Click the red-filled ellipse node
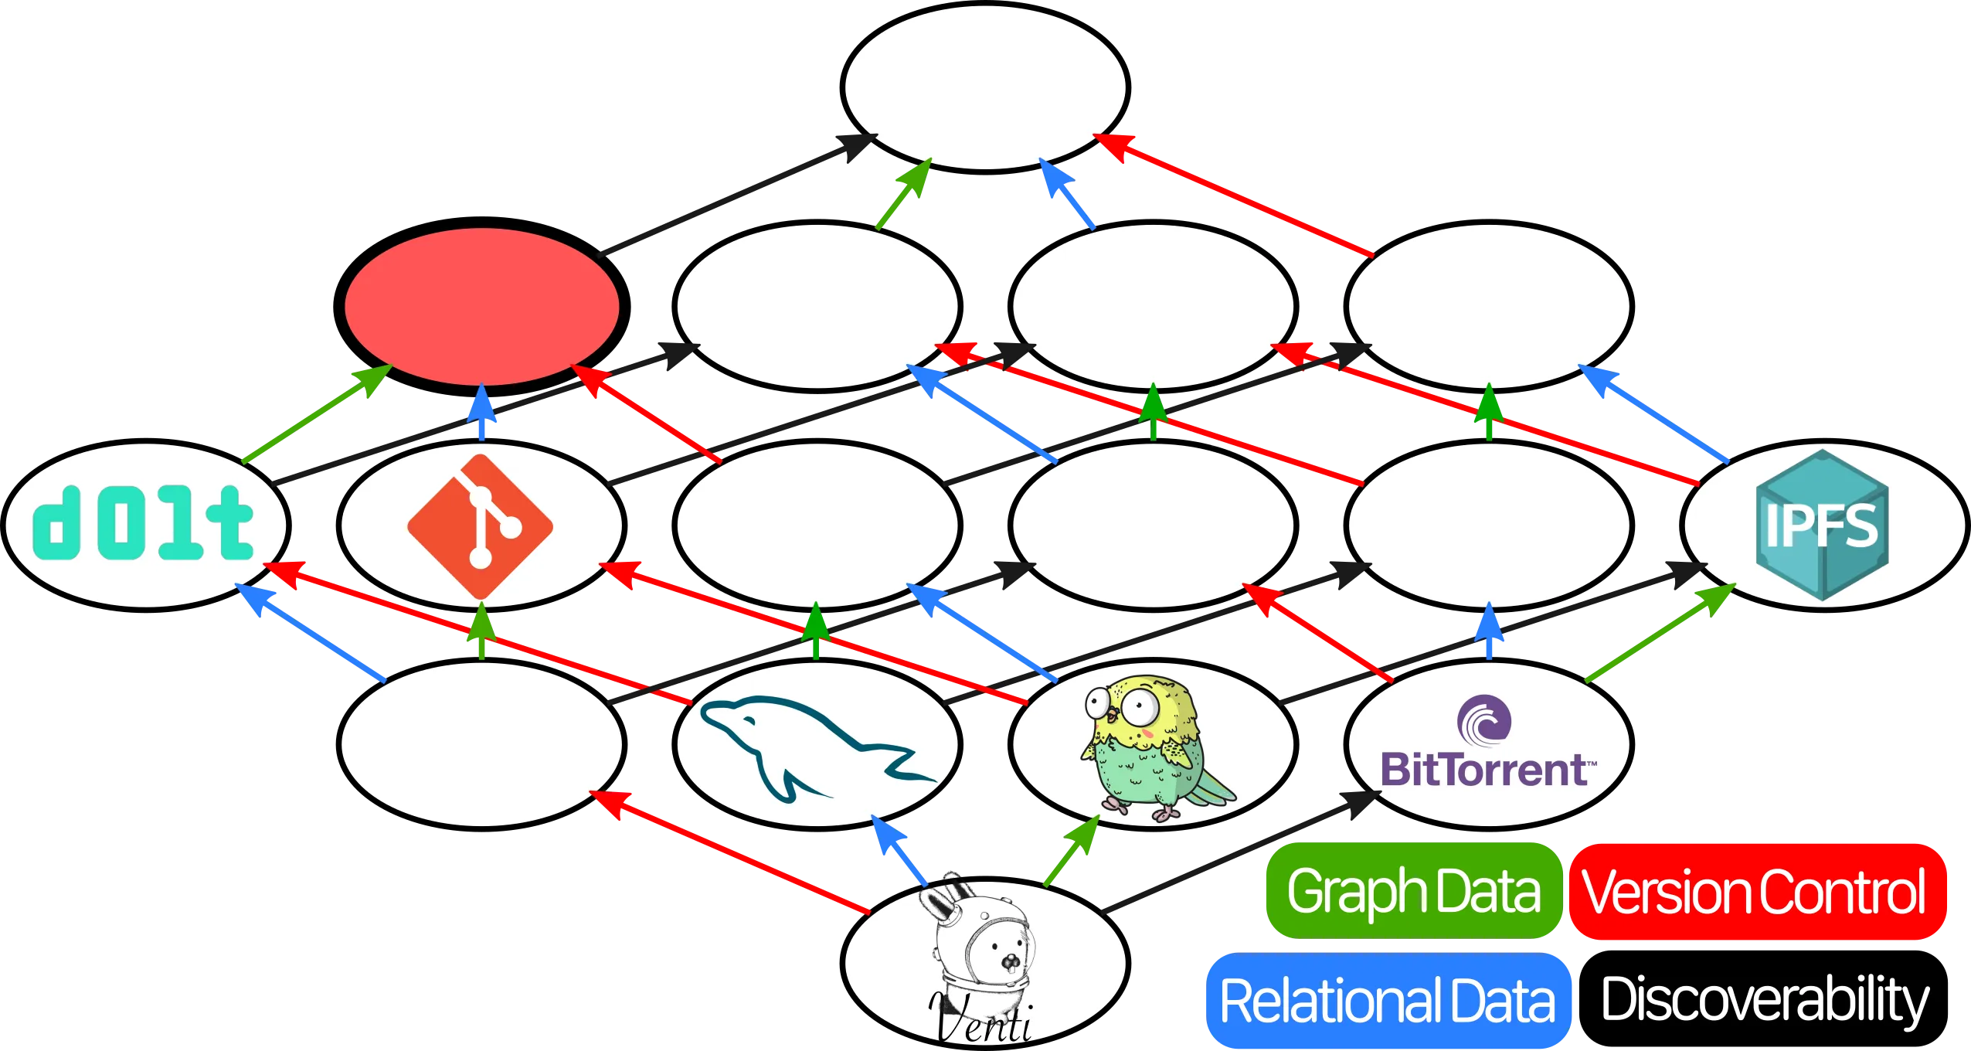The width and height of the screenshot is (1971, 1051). [481, 306]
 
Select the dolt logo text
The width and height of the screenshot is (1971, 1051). [143, 523]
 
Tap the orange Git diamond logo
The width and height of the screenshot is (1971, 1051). [481, 525]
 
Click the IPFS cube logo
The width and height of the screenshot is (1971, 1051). [1822, 525]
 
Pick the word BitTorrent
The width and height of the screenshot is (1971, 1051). [1485, 770]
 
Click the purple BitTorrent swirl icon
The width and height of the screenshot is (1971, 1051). [1483, 719]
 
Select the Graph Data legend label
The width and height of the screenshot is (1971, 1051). [1413, 891]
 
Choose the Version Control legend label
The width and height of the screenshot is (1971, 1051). [1754, 891]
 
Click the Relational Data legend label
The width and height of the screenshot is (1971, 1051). [1387, 1001]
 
